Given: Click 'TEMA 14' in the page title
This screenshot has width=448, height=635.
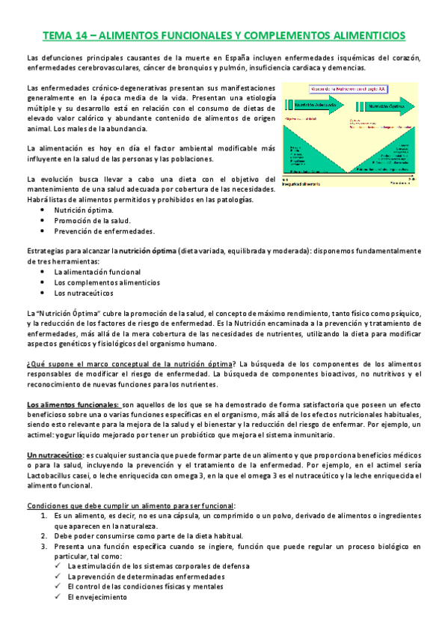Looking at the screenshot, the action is click(65, 35).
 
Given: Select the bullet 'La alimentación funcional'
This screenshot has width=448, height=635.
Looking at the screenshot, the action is click(96, 272).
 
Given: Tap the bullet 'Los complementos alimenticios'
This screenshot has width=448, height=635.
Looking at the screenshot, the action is click(107, 282).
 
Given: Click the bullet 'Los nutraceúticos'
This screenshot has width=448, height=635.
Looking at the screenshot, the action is click(84, 293).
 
